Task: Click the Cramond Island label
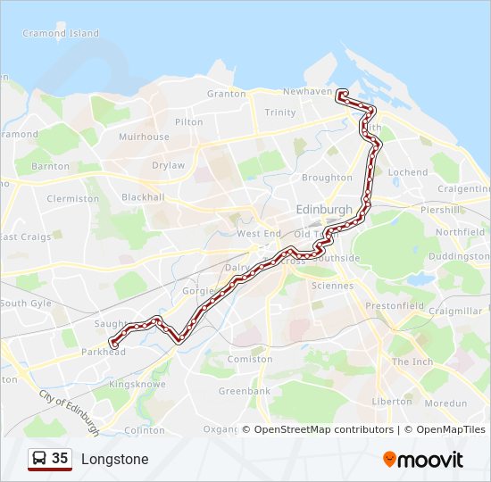pos(61,34)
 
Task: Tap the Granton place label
pos(226,94)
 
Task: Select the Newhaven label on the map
pos(306,92)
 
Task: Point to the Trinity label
pos(280,112)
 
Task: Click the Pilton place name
pos(189,122)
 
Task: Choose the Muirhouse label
pos(144,137)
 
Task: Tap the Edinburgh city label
pos(323,209)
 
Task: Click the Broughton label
pos(327,178)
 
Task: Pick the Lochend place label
pos(409,172)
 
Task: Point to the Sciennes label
pos(332,286)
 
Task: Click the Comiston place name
pos(251,359)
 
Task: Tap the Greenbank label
pos(244,391)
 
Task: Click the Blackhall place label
pos(144,197)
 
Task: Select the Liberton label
pos(392,402)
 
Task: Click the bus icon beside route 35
pos(39,459)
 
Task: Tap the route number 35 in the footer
pos(60,459)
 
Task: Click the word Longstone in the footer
pos(114,460)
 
